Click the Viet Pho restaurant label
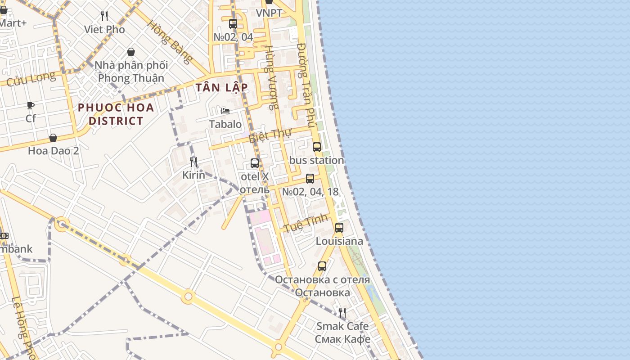tap(104, 30)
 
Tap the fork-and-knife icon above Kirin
tap(193, 162)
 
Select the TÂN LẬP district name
tap(222, 87)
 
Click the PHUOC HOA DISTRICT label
tap(116, 114)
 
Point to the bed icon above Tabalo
tap(225, 111)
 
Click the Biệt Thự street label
tap(270, 135)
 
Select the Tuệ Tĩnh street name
tap(306, 224)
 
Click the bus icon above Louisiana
tap(339, 228)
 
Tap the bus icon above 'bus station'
tap(317, 147)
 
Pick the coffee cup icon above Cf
tap(31, 106)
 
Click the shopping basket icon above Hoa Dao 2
tap(53, 138)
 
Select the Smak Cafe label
tap(342, 326)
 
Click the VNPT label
tap(269, 13)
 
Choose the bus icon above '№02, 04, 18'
tap(310, 179)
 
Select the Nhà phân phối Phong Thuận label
tap(131, 72)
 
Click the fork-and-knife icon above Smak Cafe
tap(342, 312)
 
